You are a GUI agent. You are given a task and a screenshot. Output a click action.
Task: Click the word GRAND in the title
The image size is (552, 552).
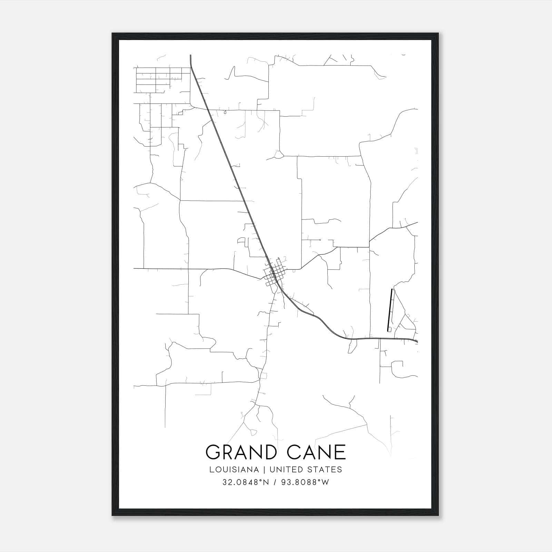pos(240,452)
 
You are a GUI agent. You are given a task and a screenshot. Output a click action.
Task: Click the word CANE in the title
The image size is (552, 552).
pos(316,452)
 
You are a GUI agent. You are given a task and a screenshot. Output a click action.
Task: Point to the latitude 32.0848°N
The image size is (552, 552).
pos(245,482)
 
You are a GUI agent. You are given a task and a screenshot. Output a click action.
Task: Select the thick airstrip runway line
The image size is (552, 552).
pos(390,310)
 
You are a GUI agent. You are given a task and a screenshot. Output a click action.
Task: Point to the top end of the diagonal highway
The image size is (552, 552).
pos(191,55)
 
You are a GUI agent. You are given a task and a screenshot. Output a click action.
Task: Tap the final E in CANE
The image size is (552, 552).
pos(341,452)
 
